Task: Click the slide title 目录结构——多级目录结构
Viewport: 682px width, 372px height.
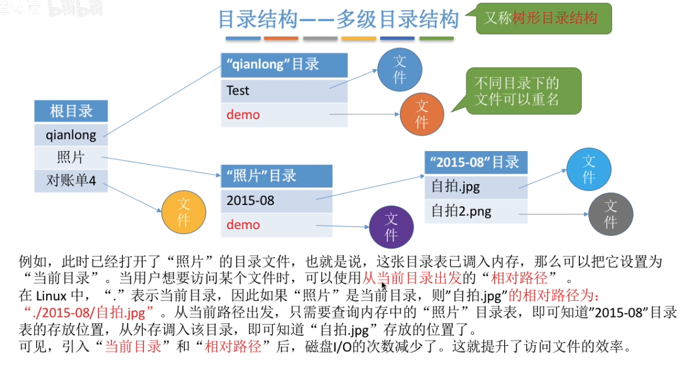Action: coord(338,20)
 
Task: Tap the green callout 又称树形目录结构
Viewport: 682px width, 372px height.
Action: coord(543,18)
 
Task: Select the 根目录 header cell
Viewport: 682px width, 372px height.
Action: coord(71,111)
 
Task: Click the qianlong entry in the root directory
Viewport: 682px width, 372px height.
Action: coord(71,134)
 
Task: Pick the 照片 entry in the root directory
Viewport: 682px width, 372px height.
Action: coord(71,157)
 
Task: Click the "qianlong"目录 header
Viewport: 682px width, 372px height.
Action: coord(284,65)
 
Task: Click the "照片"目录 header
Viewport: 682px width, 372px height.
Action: coord(276,176)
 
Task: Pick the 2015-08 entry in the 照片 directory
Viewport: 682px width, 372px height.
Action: coord(276,200)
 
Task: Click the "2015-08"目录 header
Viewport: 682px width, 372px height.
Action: coord(476,162)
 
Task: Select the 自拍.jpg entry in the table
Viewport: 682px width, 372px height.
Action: coord(476,187)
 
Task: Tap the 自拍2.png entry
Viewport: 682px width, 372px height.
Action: coord(476,211)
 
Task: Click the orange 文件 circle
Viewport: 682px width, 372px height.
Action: coord(422,114)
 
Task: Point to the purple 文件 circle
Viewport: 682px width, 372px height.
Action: coord(391,227)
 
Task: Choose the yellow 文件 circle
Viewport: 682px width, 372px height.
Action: coord(184,211)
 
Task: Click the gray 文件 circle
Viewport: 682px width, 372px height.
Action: coord(610,214)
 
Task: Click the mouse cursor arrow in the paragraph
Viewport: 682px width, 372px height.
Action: coord(384,286)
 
